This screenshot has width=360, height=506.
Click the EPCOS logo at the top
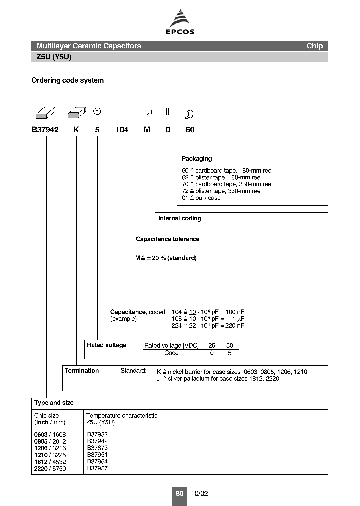click(x=180, y=24)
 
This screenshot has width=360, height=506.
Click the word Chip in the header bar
click(x=315, y=46)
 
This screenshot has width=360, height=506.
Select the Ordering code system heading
click(x=68, y=80)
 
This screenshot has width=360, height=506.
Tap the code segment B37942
click(x=45, y=130)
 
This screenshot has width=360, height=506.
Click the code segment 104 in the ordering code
click(x=122, y=130)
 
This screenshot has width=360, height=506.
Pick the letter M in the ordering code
click(x=147, y=130)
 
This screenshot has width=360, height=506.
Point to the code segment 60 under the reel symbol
click(x=190, y=130)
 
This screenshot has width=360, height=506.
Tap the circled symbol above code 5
click(x=98, y=112)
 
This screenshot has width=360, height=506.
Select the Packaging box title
click(x=197, y=159)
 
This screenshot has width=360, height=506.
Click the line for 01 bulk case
click(x=201, y=198)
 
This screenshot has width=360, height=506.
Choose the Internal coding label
click(x=180, y=218)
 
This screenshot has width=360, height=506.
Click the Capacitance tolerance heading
click(x=168, y=239)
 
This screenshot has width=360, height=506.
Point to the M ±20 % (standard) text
click(x=166, y=258)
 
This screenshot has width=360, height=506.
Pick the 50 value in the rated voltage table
click(x=230, y=346)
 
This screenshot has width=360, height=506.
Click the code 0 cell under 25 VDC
click(x=212, y=353)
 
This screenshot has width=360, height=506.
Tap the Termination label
click(x=82, y=371)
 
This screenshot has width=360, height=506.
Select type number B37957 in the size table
click(x=97, y=468)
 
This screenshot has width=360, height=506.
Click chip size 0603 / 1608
click(x=50, y=435)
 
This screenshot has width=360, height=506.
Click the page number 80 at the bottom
click(x=180, y=493)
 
